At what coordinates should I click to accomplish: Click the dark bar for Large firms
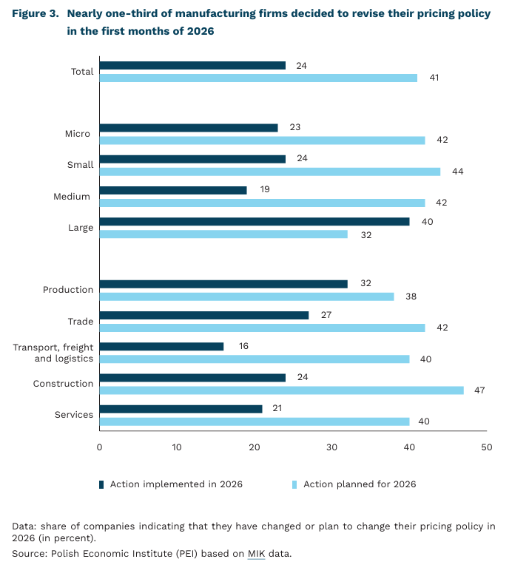[254, 221]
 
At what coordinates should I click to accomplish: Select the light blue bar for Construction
[281, 390]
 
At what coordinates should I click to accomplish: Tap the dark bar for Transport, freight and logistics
[161, 346]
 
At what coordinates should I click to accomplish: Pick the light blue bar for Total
[257, 78]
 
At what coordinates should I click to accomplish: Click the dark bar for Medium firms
[172, 190]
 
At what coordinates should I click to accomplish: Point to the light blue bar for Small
[269, 172]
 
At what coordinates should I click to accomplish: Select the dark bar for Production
[223, 283]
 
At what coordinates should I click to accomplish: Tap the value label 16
[244, 346]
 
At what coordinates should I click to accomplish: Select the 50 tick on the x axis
[486, 447]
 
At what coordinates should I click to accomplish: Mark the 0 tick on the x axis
[99, 447]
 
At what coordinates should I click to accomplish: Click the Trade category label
[81, 321]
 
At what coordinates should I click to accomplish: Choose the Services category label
[74, 415]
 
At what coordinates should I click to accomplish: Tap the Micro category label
[78, 134]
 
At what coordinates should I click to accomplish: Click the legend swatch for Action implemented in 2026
[101, 484]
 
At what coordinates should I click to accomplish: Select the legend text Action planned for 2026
[360, 484]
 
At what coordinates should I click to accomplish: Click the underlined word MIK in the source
[256, 553]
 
